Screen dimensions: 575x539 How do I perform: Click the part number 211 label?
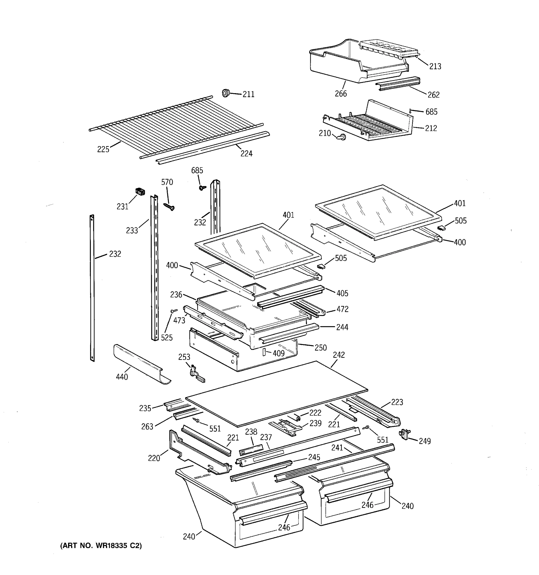[248, 94]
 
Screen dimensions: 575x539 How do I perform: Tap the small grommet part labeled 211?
[225, 93]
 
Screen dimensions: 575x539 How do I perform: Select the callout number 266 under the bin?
[341, 93]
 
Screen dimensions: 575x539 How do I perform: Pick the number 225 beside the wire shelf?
[103, 149]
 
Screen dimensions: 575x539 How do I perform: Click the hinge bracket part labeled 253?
[196, 374]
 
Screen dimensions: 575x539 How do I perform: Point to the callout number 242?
[338, 355]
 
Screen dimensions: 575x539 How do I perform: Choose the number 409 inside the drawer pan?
[278, 353]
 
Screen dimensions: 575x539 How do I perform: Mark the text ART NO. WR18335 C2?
[101, 546]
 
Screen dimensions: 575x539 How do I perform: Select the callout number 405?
[342, 293]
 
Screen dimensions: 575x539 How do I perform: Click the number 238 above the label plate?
[251, 432]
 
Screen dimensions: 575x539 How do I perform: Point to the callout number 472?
[342, 309]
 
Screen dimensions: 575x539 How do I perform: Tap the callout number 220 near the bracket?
[154, 458]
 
